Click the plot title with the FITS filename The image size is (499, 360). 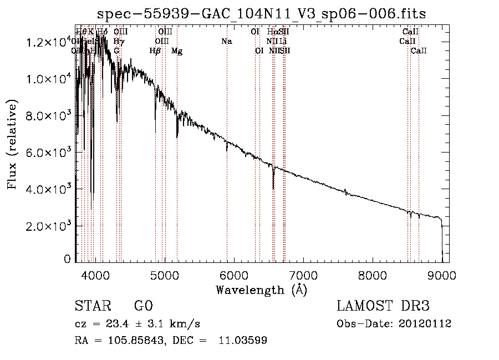tap(261, 14)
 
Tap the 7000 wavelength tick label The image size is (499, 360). tap(303, 275)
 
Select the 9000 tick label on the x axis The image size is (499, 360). tap(442, 275)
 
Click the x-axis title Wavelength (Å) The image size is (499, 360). tap(261, 290)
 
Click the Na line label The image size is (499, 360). tap(226, 41)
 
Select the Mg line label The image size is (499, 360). tap(177, 51)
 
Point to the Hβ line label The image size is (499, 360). tap(155, 51)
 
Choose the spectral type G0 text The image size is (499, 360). tap(143, 306)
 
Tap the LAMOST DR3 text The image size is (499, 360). tap(383, 306)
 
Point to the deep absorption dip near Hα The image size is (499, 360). tap(273, 180)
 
